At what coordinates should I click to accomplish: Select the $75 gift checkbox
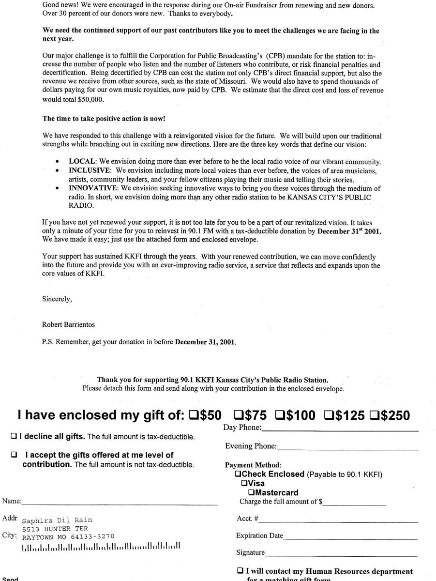click(x=239, y=415)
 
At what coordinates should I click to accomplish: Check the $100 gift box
click(x=280, y=415)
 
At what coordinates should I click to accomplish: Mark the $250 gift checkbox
click(x=375, y=415)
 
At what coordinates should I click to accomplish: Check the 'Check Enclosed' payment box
click(x=237, y=474)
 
